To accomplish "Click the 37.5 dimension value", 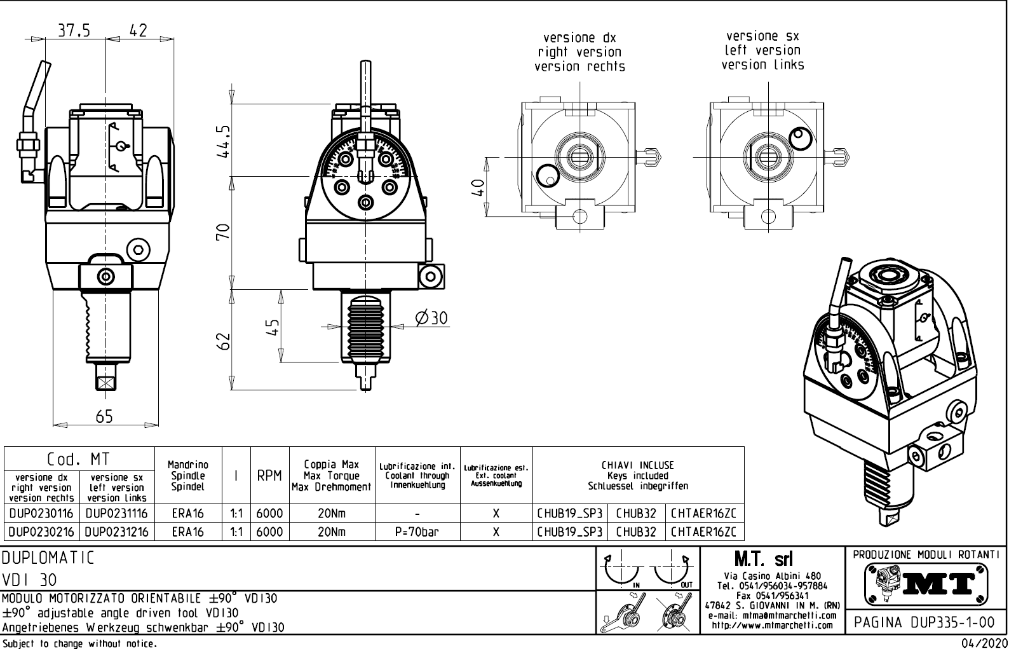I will (74, 31).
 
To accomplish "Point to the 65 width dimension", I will (104, 416).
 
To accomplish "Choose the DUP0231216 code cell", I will (117, 531).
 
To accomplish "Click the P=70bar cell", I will (417, 531).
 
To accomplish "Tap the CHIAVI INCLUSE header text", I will (637, 465).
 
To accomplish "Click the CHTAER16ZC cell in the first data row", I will (703, 513).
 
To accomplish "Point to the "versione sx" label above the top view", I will (762, 36).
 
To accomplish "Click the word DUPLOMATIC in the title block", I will (48, 559).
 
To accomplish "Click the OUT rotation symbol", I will (674, 571).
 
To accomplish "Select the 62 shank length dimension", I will (224, 341).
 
